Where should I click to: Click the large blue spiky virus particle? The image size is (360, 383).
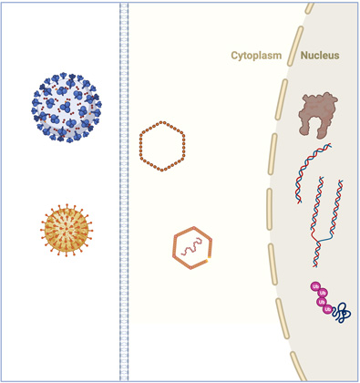point(68,107)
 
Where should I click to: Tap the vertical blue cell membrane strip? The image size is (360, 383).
point(124,191)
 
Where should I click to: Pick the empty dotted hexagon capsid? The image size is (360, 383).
point(162,146)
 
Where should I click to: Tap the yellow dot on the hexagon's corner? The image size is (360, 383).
point(209,261)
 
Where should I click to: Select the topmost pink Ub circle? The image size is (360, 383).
point(314,288)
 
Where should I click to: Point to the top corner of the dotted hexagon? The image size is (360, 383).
point(162,121)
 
